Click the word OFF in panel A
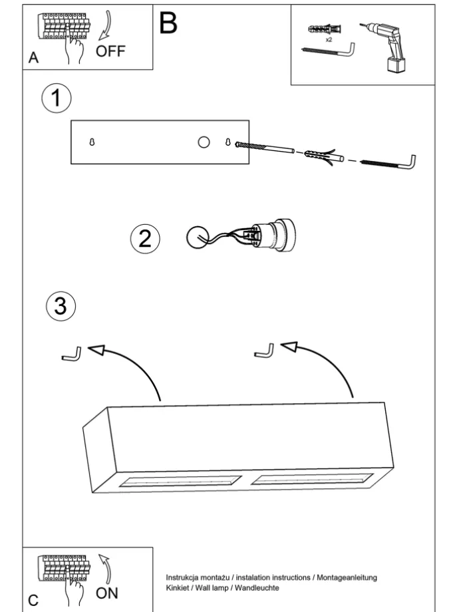[110, 51]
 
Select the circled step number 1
[56, 99]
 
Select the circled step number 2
[145, 238]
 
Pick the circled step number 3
[60, 306]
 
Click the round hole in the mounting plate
[204, 141]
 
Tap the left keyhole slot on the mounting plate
[92, 142]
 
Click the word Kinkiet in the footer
[178, 588]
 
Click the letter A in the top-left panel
[33, 59]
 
